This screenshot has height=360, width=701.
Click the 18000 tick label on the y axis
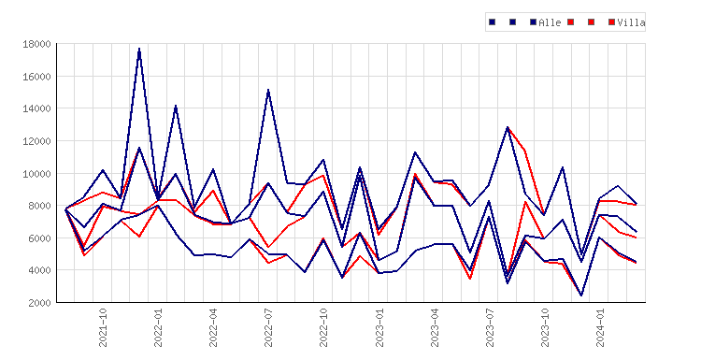point(36,44)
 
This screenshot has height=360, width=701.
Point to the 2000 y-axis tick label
point(39,303)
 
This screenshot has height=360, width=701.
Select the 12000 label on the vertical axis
point(36,141)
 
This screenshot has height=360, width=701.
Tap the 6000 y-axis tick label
point(39,238)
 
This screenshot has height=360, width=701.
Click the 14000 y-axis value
point(36,108)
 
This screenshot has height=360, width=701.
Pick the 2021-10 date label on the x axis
point(103,327)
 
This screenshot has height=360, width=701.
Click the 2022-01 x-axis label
point(158,327)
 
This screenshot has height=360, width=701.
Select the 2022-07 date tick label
point(268,327)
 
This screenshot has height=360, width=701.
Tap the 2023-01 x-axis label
point(379,327)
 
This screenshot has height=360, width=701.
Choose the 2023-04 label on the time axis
point(435,327)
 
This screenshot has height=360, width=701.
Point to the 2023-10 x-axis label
point(545,327)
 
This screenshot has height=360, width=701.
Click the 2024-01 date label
point(600,327)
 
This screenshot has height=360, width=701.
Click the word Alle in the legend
point(550,22)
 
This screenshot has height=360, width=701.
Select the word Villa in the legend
point(631,22)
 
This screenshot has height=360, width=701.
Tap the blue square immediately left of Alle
point(533,22)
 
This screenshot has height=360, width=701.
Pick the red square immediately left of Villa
point(611,22)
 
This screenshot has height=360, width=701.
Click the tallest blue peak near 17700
point(139,49)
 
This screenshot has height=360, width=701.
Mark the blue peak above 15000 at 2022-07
point(268,90)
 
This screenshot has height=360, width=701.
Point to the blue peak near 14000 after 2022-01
point(176,106)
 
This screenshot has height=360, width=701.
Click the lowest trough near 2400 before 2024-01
point(581,295)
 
